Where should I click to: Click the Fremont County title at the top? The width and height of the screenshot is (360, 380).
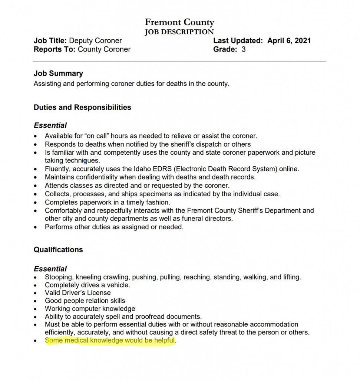pos(179,23)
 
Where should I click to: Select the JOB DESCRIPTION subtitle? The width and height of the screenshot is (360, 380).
pos(179,32)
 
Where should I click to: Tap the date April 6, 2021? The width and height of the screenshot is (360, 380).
pos(289,41)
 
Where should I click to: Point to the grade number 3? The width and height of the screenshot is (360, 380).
pos(243,49)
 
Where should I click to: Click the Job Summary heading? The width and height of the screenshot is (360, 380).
pos(58,73)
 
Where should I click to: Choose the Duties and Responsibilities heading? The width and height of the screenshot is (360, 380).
pos(82,108)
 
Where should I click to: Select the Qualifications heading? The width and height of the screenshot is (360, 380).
pos(58,250)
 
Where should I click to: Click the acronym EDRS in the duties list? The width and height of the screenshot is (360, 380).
pos(142,169)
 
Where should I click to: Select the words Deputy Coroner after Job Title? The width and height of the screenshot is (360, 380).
pos(95,41)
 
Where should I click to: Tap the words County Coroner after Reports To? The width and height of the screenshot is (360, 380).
pos(104,49)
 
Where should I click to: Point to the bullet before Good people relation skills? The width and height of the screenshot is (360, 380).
pos(36,301)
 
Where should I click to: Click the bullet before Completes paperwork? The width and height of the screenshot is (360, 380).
pos(36,203)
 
